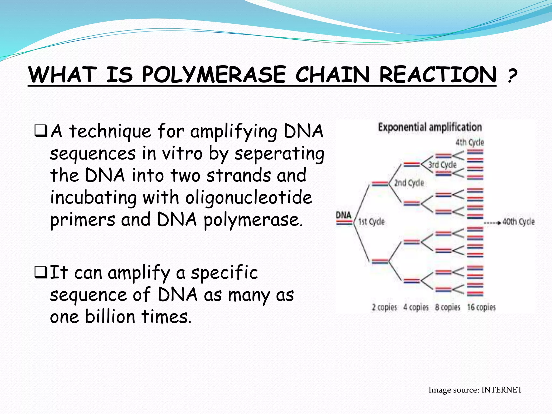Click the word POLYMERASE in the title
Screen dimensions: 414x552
point(213,75)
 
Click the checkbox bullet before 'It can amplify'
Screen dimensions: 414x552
point(41,272)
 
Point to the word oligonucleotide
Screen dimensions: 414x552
point(249,198)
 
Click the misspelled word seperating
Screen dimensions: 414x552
point(279,154)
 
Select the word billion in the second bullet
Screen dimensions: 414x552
point(110,316)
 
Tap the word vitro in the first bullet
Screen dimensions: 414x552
point(182,153)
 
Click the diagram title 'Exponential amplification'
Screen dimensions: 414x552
point(430,127)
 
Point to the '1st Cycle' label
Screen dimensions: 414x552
point(371,222)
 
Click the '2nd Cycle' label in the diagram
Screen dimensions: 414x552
point(409,183)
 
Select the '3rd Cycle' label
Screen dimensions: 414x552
point(442,165)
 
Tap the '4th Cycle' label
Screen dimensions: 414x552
point(470,142)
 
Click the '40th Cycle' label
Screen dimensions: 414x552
point(519,222)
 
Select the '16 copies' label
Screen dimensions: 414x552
point(481,307)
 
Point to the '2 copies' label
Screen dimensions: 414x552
point(384,307)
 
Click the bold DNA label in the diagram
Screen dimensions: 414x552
point(344,215)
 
